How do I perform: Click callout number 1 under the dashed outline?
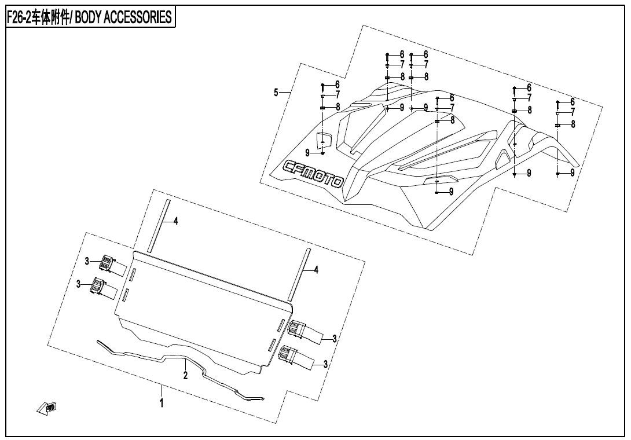(162, 402)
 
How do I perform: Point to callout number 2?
(185, 376)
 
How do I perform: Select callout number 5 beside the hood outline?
(276, 93)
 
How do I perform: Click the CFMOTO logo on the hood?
(313, 174)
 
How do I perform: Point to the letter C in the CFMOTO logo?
(290, 166)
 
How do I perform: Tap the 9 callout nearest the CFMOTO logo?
(307, 152)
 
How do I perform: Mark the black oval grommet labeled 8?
(514, 111)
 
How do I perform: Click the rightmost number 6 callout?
(573, 102)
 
